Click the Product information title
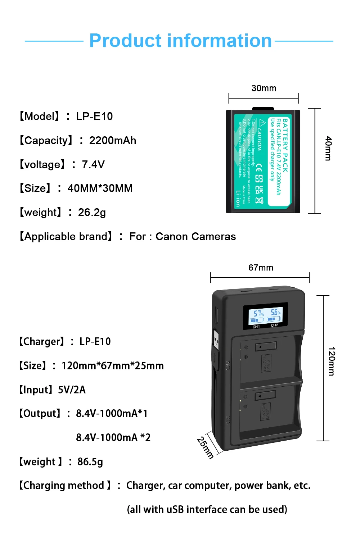pos(180,41)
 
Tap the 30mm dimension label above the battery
pos(264,88)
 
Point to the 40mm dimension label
pos(328,148)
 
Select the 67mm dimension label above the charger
pos(261,268)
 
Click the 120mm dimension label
pos(332,361)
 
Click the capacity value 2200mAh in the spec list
pos(113,140)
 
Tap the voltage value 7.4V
pos(93,164)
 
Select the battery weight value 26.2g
pos(92,212)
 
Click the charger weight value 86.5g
pos(90,461)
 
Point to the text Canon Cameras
pos(195,236)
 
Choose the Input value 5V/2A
pos(72,390)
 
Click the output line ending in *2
pos(113,437)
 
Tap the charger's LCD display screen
pos(266,315)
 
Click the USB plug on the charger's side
pos(216,339)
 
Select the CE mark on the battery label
pos(259,168)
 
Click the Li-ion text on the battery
pos(238,198)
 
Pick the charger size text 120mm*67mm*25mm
pos(112,365)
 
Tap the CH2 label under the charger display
pos(274,325)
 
